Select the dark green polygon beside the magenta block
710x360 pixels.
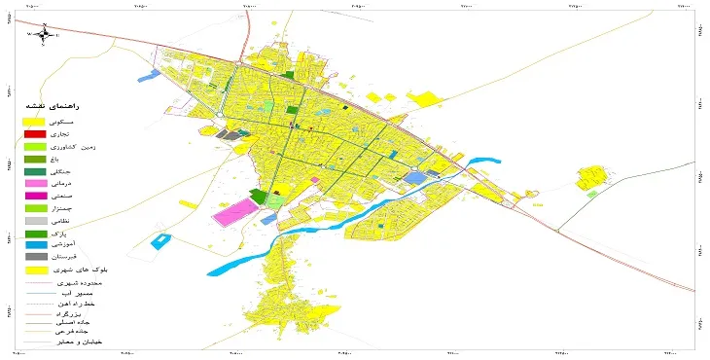click(x=259, y=197)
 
